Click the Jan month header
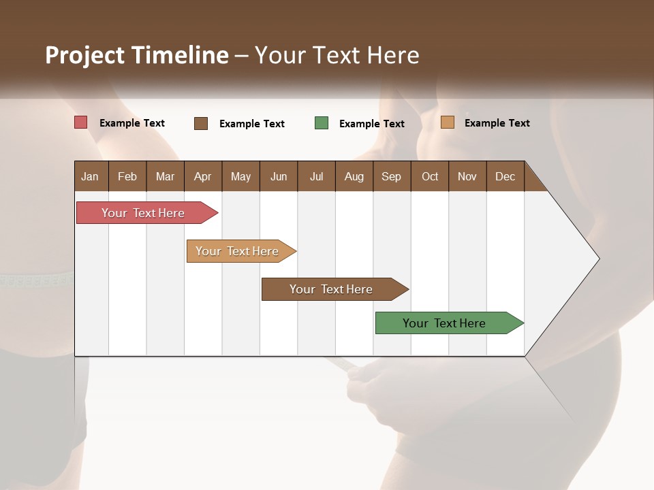91,176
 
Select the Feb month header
127,176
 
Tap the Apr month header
203,176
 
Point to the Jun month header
279,176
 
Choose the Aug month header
354,176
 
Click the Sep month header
392,176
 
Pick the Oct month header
430,176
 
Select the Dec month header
505,176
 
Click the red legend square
81,122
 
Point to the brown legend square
201,123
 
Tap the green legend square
322,123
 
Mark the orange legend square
448,122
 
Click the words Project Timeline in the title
137,55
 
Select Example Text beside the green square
371,123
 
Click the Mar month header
166,176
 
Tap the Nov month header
467,176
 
